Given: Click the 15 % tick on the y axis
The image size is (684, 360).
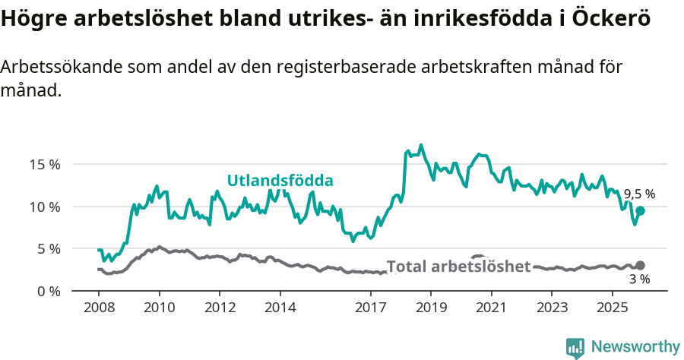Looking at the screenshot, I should (44, 164).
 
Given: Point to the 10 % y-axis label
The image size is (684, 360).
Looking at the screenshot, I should (44, 207).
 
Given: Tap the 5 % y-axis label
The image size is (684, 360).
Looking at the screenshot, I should (48, 248).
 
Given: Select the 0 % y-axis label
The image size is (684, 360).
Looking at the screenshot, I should (48, 291).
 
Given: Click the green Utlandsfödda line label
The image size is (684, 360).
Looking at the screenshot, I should (281, 181).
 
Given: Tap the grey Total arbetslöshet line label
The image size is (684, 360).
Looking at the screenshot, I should (458, 267).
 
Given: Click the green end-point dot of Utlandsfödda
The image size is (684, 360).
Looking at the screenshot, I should (640, 210).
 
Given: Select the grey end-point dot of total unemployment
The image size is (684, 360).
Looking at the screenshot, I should (640, 265).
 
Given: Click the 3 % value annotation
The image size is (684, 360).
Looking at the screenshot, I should (639, 279).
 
